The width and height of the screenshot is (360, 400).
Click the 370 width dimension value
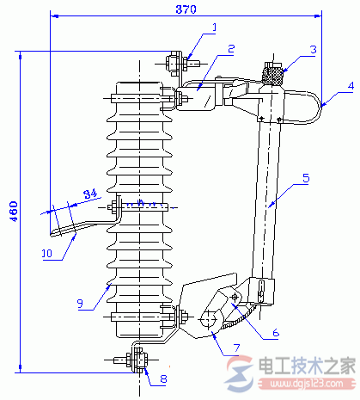[x=186, y=9]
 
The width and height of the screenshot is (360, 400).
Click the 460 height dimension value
[x=14, y=212]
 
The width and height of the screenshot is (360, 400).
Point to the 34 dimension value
[x=90, y=194]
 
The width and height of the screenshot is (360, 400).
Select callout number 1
[x=214, y=28]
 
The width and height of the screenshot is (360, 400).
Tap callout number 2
[x=231, y=49]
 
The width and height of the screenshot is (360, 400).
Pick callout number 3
[x=314, y=49]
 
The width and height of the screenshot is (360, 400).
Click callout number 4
[x=351, y=86]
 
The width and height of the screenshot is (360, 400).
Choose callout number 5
[x=306, y=178]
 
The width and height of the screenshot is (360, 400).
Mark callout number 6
[x=276, y=333]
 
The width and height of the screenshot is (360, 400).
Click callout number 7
[x=236, y=348]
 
